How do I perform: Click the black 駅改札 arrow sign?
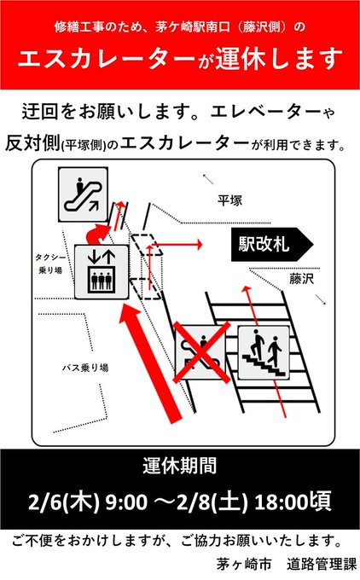coord(272,245)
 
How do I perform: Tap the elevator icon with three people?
coord(102,272)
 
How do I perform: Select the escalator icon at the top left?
coord(83,194)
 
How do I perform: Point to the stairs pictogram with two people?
coord(264,352)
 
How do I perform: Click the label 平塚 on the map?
coord(229,200)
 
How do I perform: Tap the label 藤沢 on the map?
coord(301,279)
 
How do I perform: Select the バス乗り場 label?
coord(85,368)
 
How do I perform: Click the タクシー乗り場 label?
coord(50,264)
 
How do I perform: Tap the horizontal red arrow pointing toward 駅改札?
coord(175,245)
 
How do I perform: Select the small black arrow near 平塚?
coord(208,178)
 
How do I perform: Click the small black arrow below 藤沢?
coord(321,299)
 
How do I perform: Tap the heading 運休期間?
coord(179,466)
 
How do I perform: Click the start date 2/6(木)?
coord(64,502)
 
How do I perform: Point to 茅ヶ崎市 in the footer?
coord(244,565)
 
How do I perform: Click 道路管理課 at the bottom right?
coord(321,565)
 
